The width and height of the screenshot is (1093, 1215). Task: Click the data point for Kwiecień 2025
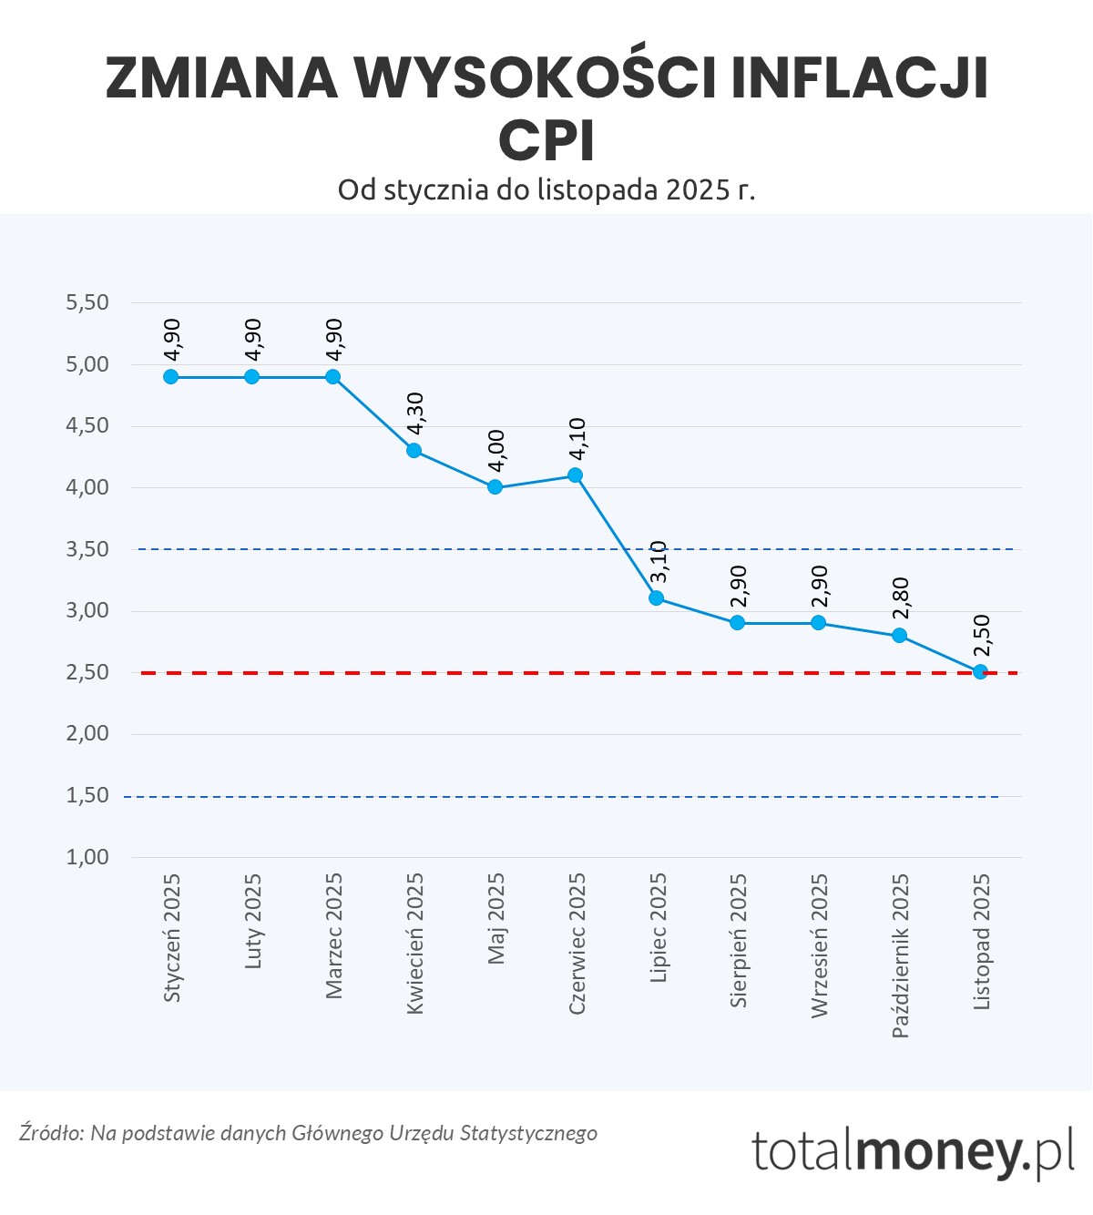414,450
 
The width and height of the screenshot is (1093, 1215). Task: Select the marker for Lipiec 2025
656,598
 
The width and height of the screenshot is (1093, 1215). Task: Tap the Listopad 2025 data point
980,672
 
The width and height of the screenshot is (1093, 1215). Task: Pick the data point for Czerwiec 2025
575,475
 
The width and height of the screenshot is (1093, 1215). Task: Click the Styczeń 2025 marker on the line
170,376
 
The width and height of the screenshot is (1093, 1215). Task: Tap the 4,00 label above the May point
496,450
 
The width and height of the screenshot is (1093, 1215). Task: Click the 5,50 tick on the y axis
87,302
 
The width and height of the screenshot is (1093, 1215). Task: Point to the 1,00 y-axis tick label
87,857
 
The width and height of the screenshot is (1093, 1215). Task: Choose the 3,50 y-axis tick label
87,549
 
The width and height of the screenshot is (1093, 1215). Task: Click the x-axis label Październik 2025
901,955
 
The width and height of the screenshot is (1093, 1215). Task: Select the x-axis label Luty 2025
253,921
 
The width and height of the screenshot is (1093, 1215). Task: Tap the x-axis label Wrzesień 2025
820,945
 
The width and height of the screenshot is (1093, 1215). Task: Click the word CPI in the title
546,141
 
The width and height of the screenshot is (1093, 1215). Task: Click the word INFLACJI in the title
859,78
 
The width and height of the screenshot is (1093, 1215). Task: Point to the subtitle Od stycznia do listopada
546,189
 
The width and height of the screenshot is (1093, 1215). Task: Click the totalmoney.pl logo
913,1151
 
